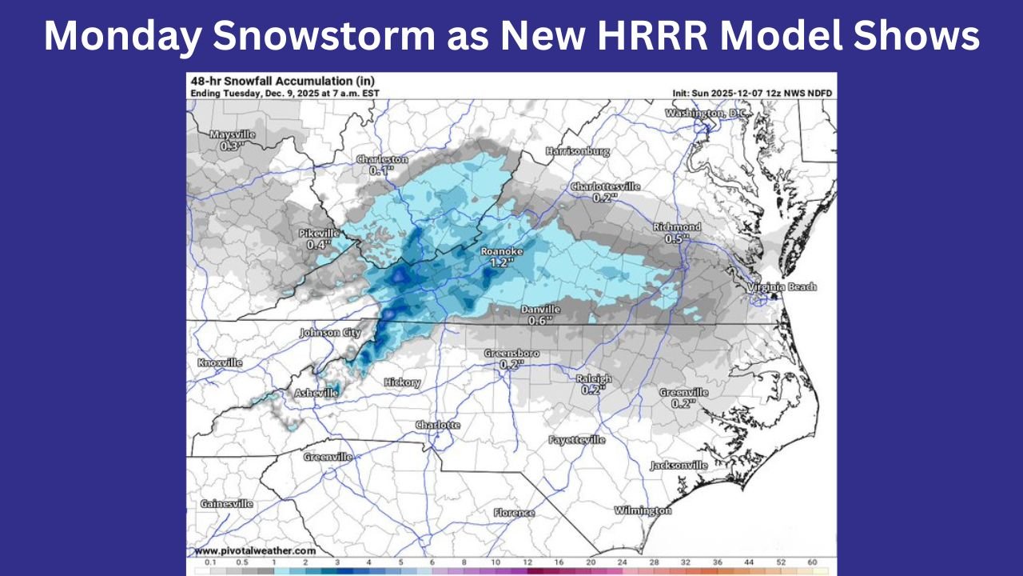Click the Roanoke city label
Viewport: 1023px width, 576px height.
click(502, 251)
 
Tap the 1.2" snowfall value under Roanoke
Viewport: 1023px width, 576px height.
click(502, 262)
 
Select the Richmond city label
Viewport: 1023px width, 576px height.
click(676, 227)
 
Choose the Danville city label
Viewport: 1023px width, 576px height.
click(541, 310)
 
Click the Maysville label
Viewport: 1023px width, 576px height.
click(232, 135)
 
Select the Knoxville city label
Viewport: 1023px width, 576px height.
click(220, 362)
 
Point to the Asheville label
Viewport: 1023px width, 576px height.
click(316, 393)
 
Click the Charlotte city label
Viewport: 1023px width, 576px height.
click(438, 425)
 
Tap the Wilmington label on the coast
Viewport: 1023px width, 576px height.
click(643, 510)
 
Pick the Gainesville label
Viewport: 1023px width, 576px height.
click(226, 503)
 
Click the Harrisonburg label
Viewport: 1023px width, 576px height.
click(577, 151)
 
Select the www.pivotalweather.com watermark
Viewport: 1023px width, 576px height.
click(255, 550)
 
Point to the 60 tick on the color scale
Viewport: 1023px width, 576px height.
click(812, 564)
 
